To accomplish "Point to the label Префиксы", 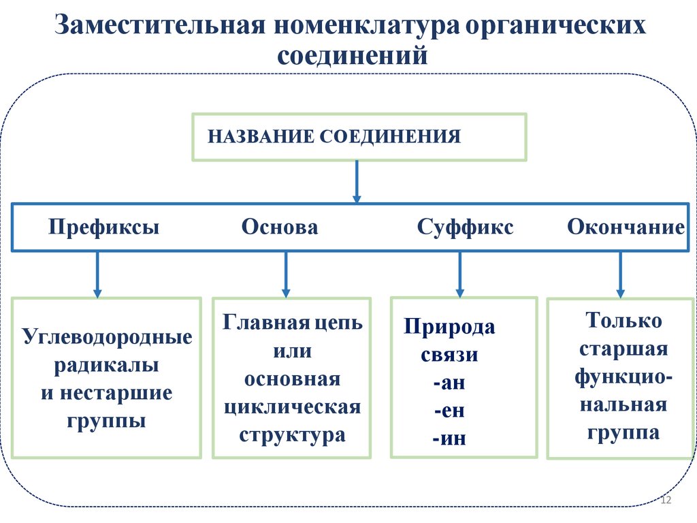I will click(x=104, y=227).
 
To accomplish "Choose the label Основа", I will click(x=279, y=227).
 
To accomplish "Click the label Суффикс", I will click(x=466, y=227).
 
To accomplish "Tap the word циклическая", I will click(x=292, y=407).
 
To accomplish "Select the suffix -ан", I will click(x=449, y=383).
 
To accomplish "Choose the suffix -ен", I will click(x=449, y=411).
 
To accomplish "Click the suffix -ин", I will click(x=449, y=438).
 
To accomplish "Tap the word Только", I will click(x=624, y=320).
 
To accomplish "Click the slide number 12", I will click(x=666, y=501).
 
